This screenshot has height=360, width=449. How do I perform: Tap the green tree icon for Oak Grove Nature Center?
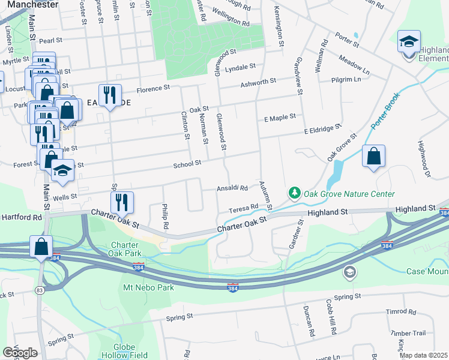pos(294,193)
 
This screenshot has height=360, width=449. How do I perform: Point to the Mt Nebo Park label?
pos(148,287)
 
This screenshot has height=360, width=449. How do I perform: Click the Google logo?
pos(20,353)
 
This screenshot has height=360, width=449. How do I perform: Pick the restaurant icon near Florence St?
pos(110,95)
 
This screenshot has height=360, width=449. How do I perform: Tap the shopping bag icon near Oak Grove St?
pos(373,156)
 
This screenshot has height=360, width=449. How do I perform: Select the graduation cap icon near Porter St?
pos(409,42)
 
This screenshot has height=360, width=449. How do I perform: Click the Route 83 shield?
pos(40,290)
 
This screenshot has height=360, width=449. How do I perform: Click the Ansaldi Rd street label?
pos(232,188)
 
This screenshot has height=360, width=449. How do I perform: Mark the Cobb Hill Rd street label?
pos(330,317)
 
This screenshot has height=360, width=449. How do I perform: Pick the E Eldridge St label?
pos(322,129)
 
